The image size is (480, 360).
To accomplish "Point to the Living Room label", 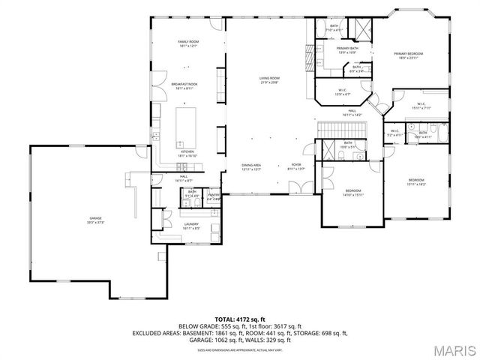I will click(x=269, y=79).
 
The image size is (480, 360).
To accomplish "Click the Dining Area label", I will click(x=251, y=166).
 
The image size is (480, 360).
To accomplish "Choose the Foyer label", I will click(x=296, y=166).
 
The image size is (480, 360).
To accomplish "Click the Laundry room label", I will click(x=191, y=226).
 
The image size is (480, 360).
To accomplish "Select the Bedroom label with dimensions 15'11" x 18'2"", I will click(x=416, y=182).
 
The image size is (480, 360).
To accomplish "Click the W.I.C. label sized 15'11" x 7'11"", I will click(x=420, y=106).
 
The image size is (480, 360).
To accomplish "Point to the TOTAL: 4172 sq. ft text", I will click(x=240, y=319).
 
